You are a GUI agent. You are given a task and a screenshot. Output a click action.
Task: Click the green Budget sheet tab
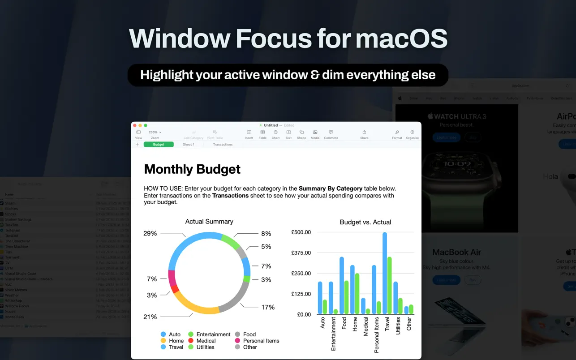click(x=159, y=145)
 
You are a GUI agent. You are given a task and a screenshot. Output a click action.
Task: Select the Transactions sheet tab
click(x=223, y=145)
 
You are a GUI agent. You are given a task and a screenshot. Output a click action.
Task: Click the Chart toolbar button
click(x=275, y=134)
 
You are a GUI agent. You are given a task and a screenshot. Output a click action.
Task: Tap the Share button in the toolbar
click(x=364, y=134)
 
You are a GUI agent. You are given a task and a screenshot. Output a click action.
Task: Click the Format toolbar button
click(x=397, y=134)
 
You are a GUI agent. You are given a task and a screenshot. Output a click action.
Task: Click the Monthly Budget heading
click(x=192, y=169)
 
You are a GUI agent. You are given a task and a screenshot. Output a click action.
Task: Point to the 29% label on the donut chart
click(x=150, y=233)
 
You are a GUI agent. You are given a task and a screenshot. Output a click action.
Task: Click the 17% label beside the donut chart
click(x=268, y=307)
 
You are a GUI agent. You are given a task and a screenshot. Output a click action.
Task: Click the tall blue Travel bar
click(x=385, y=273)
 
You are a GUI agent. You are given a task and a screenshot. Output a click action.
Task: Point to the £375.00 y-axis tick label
click(x=301, y=253)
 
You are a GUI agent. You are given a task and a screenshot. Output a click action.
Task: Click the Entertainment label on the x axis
click(x=333, y=334)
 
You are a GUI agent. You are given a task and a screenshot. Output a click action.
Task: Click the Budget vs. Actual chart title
click(x=365, y=222)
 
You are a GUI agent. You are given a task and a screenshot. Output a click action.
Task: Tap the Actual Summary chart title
click(x=209, y=221)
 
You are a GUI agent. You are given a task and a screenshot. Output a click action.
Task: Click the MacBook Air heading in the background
click(x=456, y=252)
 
